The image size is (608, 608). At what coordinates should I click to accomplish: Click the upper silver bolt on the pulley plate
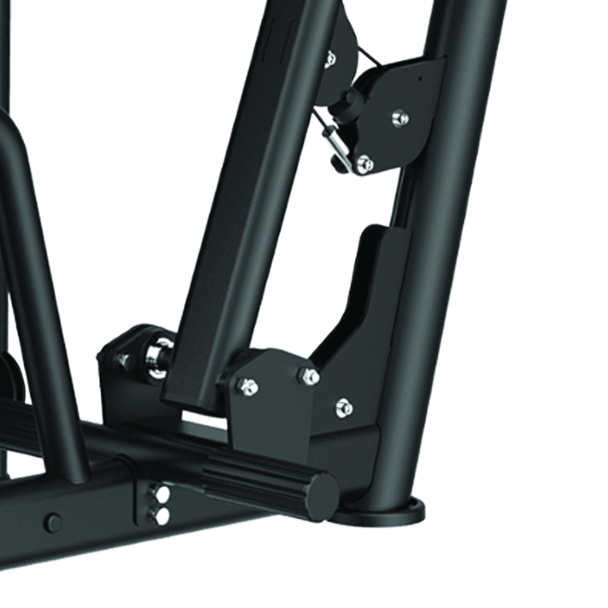point(399,117)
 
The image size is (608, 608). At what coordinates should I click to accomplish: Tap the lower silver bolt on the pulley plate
point(364,163)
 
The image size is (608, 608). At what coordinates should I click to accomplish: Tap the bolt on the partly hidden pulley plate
point(330,59)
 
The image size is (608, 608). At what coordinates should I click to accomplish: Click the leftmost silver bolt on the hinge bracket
point(248,385)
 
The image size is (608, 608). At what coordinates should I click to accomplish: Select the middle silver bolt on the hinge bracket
point(309,376)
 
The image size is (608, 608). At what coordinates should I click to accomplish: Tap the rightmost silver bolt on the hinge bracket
point(344,406)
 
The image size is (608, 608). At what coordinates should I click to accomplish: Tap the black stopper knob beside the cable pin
point(338,162)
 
